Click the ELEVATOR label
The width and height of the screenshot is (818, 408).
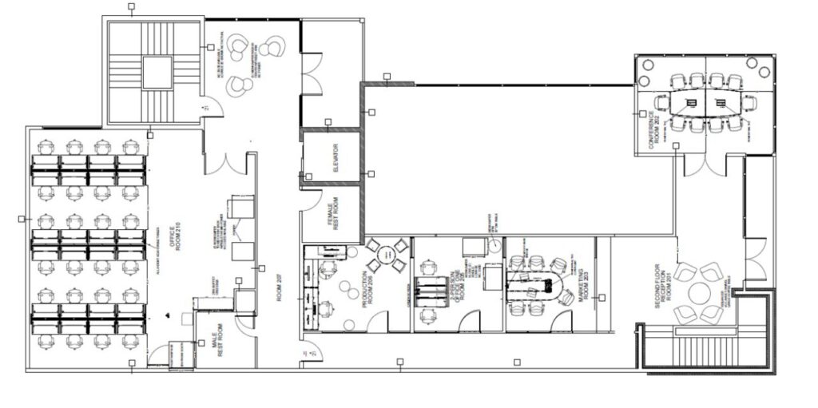tap(336, 158)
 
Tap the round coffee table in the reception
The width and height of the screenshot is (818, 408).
tap(698, 293)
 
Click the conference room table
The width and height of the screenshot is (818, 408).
tap(705, 102)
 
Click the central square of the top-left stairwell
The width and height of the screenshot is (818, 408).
tap(157, 73)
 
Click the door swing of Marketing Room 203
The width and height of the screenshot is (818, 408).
tap(565, 320)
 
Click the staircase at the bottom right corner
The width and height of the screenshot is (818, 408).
tap(703, 351)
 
